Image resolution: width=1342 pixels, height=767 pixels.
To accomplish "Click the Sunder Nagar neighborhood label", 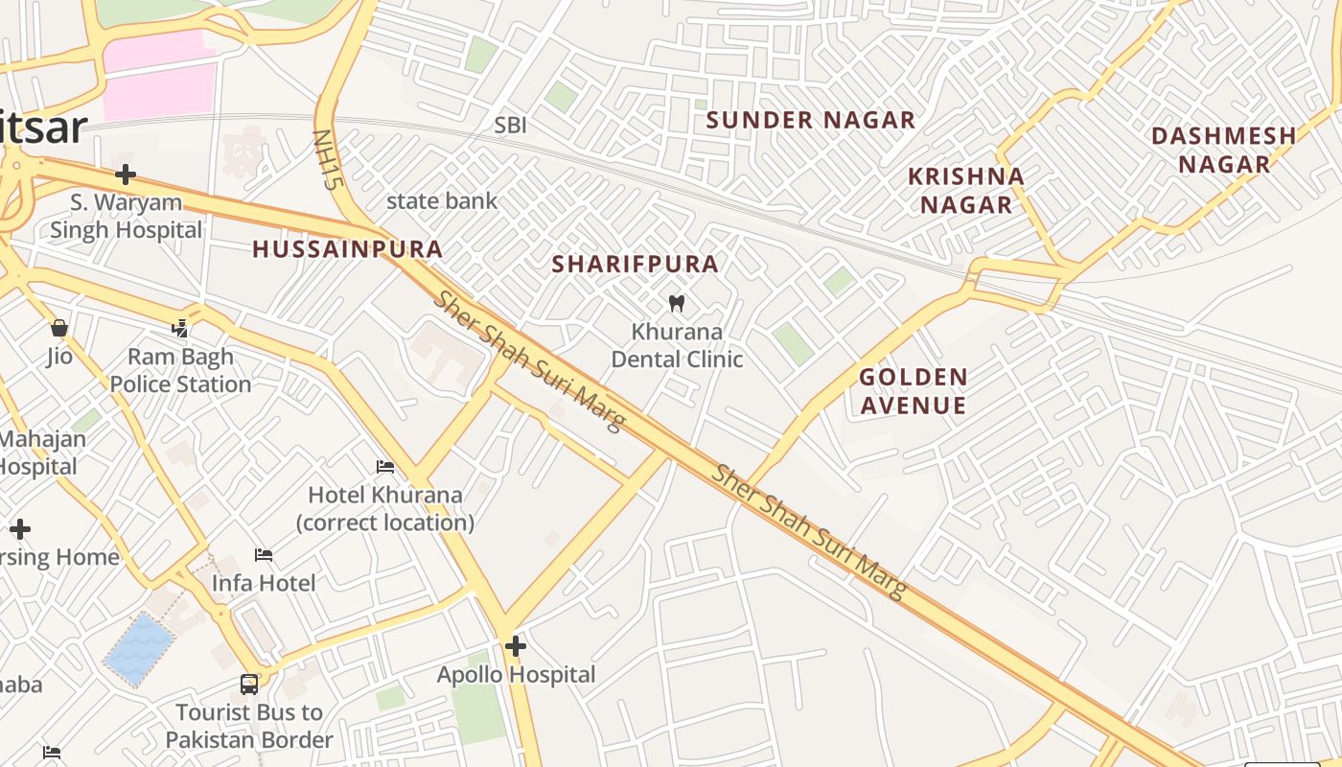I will click(x=811, y=121).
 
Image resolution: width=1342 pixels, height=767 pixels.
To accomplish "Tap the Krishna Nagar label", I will click(x=966, y=191).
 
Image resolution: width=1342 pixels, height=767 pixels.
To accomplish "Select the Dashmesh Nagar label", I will click(x=1224, y=150).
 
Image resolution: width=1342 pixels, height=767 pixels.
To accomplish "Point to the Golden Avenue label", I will click(x=913, y=391).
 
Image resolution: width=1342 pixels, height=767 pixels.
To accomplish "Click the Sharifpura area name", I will click(x=635, y=265).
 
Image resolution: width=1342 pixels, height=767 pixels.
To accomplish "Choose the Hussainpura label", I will click(x=347, y=250).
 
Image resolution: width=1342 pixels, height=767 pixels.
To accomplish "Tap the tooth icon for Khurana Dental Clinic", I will click(x=677, y=304).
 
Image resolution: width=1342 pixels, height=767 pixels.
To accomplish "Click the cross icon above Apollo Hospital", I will click(x=516, y=646).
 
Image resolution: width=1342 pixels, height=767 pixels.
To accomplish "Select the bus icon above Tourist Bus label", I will click(x=249, y=685).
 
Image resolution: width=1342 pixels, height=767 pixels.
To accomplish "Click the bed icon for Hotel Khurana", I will click(x=385, y=467).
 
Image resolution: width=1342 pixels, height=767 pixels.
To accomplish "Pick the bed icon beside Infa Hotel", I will click(x=264, y=555).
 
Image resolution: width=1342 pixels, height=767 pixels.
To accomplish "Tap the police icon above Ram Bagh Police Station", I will click(x=180, y=329).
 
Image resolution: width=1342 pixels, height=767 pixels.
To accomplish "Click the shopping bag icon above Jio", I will click(x=59, y=329).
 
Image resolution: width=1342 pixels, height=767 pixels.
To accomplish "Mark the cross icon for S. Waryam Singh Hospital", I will click(x=126, y=174).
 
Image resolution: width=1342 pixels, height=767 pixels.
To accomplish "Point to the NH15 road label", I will click(x=327, y=160).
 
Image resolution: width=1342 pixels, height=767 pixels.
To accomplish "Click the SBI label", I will click(x=510, y=126).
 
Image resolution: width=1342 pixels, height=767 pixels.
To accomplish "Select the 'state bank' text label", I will click(x=442, y=201).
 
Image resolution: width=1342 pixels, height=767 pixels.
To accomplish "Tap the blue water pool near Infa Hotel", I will click(x=140, y=649).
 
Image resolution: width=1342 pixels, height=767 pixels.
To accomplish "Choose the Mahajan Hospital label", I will click(x=38, y=453).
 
